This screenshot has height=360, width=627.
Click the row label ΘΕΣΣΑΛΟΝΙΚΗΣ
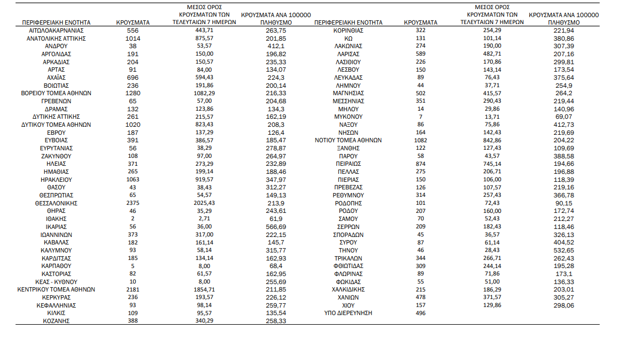click(56, 203)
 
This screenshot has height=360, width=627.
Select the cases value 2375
click(133, 203)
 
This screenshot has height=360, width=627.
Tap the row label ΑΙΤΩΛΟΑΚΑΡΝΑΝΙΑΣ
click(56, 30)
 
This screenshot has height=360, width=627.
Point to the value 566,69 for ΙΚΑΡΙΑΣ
click(275, 227)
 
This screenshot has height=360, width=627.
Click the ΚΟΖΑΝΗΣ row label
click(56, 321)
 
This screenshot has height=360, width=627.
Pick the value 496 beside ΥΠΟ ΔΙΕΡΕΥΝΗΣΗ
click(421, 313)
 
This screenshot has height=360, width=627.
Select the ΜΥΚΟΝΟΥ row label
click(349, 117)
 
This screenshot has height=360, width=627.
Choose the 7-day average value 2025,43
click(205, 203)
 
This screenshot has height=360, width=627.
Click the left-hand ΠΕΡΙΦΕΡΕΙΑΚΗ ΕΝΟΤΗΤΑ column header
click(56, 22)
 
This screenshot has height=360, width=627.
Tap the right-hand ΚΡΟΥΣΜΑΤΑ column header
click(421, 22)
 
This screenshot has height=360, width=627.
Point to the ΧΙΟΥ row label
click(349, 305)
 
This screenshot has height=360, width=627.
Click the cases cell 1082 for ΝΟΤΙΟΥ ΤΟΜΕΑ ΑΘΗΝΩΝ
click(421, 140)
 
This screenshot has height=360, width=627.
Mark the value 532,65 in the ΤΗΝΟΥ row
click(564, 250)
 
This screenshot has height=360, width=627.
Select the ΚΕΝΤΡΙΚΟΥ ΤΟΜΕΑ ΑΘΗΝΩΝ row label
click(56, 289)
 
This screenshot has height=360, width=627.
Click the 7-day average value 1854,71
click(205, 289)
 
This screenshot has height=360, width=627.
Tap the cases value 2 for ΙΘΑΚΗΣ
click(133, 219)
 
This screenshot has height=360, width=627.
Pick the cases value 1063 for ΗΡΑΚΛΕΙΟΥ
click(133, 180)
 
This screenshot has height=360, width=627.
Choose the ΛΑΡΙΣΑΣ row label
click(349, 54)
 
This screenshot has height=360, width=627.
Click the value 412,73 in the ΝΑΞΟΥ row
click(564, 125)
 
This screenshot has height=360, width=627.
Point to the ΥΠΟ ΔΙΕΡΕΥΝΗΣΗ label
click(347, 313)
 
